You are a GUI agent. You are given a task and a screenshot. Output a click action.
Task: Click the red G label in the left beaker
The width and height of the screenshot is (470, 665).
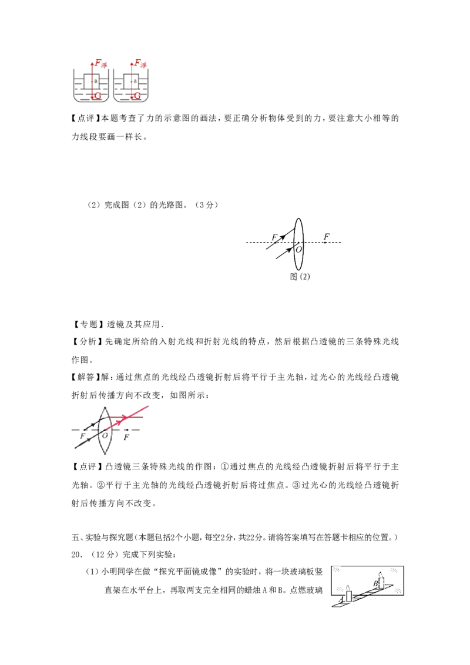98,96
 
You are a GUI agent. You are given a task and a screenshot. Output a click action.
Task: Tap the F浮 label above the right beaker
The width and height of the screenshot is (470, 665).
140,63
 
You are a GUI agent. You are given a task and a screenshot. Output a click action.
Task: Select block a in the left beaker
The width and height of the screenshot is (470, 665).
92,81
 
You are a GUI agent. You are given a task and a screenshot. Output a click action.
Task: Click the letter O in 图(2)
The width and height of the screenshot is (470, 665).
299,249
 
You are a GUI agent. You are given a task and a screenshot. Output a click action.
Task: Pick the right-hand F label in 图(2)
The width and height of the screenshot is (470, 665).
326,236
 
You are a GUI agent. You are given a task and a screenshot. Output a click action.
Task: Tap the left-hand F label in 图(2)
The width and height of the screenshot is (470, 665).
274,237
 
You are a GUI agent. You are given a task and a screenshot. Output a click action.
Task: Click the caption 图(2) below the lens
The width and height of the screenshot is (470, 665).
300,277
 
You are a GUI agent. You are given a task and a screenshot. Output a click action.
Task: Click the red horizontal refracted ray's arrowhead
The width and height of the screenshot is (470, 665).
124,417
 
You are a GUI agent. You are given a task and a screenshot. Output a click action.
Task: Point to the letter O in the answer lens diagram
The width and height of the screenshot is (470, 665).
105,435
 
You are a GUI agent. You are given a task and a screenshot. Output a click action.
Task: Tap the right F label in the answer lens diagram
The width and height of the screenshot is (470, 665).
126,437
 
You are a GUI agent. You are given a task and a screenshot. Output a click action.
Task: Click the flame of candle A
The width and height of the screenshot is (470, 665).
349,588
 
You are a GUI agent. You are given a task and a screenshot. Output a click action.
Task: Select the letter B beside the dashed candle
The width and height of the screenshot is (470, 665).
375,583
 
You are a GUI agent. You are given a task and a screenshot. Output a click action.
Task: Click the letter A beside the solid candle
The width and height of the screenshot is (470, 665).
342,600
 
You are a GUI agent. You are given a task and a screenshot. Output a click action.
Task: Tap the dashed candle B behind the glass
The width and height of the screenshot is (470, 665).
381,580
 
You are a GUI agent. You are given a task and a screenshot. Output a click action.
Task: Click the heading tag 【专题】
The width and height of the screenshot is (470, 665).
88,324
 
